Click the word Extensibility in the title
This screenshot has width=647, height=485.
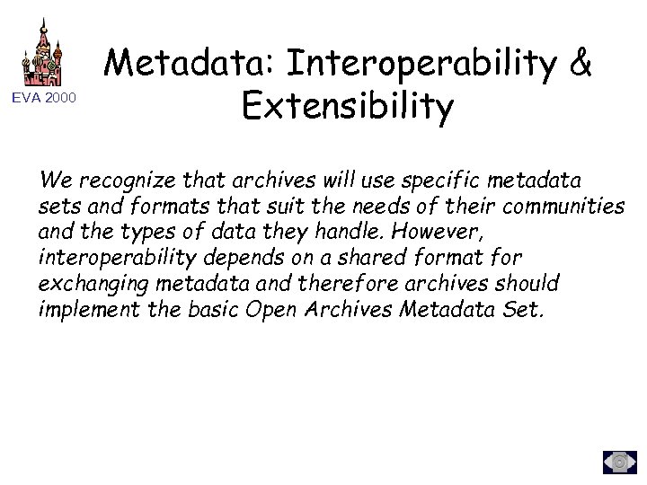coord(348,109)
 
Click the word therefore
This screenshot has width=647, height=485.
coord(345,285)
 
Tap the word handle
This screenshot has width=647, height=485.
coord(336,233)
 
